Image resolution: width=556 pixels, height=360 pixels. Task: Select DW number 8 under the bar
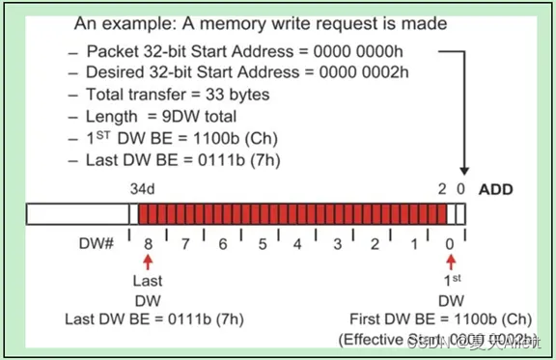pos(148,245)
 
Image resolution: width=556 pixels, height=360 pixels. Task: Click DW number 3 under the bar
pos(337,245)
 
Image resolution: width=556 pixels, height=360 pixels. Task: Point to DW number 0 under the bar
pos(450,245)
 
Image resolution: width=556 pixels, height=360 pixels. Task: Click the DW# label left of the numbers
pos(98,245)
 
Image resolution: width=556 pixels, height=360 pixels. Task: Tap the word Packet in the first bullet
pos(110,50)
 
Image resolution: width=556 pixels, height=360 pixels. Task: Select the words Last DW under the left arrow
pos(148,291)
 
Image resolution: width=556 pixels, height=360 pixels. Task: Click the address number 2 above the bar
pos(442,189)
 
